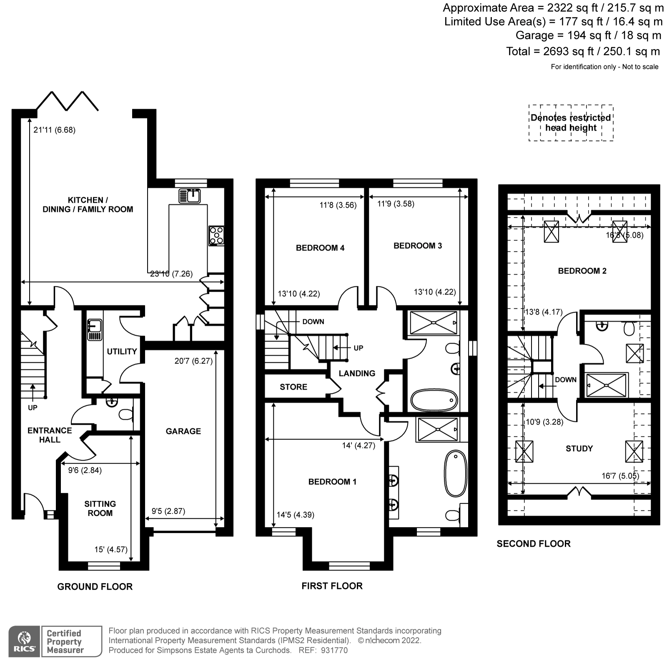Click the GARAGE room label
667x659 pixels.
pyautogui.click(x=183, y=431)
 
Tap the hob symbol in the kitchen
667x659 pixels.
pyautogui.click(x=216, y=236)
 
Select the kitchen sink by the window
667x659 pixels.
pyautogui.click(x=190, y=195)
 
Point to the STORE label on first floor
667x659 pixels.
pyautogui.click(x=293, y=387)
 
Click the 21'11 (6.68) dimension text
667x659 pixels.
pyautogui.click(x=54, y=130)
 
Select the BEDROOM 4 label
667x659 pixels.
pyautogui.click(x=320, y=248)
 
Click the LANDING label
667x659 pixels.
pyautogui.click(x=357, y=373)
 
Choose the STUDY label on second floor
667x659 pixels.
pyautogui.click(x=579, y=449)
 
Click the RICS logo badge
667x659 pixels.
pyautogui.click(x=24, y=641)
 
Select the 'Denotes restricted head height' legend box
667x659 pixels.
pyautogui.click(x=571, y=123)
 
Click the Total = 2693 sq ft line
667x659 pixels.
pyautogui.click(x=583, y=51)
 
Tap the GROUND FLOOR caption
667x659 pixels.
pyautogui.click(x=95, y=586)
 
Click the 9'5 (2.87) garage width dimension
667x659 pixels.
pyautogui.click(x=168, y=511)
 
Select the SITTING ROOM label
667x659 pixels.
pyautogui.click(x=100, y=508)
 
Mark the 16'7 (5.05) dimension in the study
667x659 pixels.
pyautogui.click(x=620, y=476)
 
